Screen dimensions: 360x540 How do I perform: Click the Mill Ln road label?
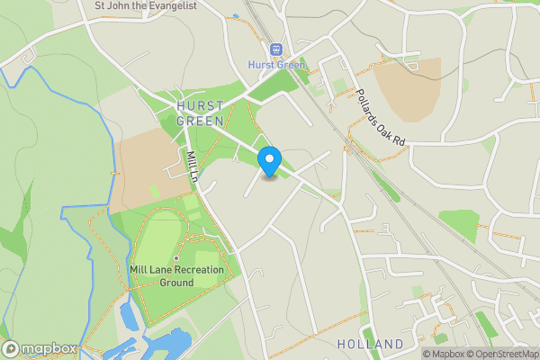coord(191,166)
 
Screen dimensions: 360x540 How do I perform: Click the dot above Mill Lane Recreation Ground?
coord(163,258)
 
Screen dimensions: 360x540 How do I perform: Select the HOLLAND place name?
coord(370,345)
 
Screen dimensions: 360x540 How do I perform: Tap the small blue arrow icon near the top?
coord(235,16)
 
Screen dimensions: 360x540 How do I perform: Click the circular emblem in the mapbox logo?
coord(12,348)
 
